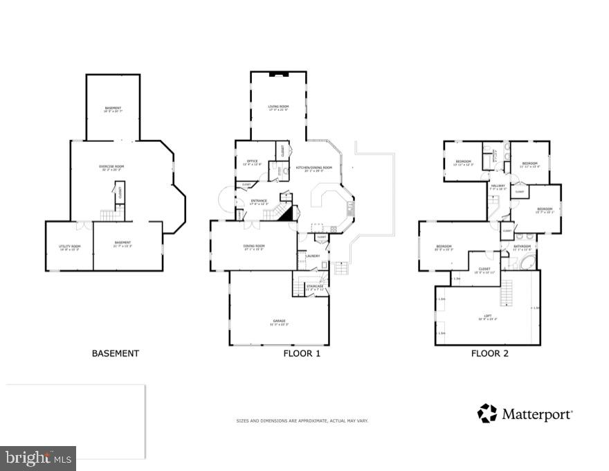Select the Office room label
253,163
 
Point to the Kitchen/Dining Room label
314,168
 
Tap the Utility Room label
69,247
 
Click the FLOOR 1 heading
302,353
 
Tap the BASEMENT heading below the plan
116,353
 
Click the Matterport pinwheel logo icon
487,414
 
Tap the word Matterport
537,414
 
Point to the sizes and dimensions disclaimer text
302,420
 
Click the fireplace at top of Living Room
278,73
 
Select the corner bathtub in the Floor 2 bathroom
528,262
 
